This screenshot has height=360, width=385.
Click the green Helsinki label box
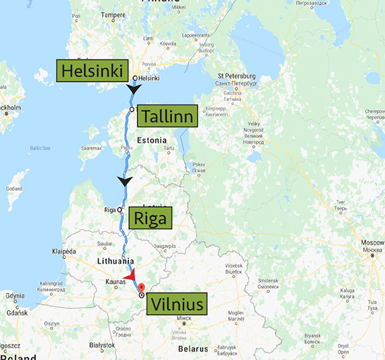click(x=94, y=71)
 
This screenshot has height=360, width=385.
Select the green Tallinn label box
click(x=167, y=116)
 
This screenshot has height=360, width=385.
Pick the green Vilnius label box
click(x=176, y=305)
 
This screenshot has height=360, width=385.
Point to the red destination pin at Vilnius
click(x=141, y=287)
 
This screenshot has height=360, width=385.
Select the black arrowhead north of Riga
click(x=125, y=182)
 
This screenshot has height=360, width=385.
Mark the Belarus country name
click(x=190, y=348)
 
